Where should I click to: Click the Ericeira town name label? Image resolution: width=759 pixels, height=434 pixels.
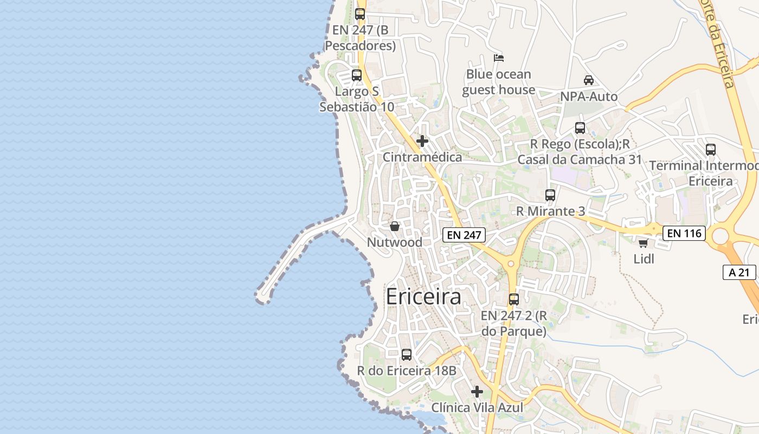pos(423,297)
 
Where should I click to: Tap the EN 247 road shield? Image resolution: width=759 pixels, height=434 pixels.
pos(464,235)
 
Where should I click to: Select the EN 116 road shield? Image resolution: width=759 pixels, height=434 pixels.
pos(685,233)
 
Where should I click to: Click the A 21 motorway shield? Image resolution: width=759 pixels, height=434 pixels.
pos(739,272)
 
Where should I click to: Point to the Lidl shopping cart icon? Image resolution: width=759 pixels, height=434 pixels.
pos(643,243)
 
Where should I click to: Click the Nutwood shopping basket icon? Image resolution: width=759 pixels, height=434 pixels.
pos(395,226)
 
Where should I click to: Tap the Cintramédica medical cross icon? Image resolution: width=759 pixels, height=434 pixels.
pos(422,141)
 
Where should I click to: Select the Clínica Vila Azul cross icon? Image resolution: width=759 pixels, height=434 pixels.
pos(477,391)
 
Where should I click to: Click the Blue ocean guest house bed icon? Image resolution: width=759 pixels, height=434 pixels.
pos(499,58)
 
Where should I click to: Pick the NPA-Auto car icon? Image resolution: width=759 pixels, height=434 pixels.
pos(588,80)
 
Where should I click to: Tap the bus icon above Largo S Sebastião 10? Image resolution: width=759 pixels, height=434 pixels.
pos(356,75)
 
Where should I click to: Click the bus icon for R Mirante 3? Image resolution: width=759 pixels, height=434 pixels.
pos(550,195)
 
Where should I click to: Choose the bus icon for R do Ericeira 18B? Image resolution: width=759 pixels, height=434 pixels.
pos(406,355)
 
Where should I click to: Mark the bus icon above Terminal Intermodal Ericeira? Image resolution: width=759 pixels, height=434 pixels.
pos(710,149)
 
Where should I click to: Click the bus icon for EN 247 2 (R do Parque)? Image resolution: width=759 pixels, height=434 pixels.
pos(513,299)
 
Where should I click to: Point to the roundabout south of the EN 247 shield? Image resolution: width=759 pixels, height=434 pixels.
pos(510,264)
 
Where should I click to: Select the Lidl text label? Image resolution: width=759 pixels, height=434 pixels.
pos(644,259)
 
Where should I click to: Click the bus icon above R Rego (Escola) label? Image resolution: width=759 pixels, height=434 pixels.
pos(580,128)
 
